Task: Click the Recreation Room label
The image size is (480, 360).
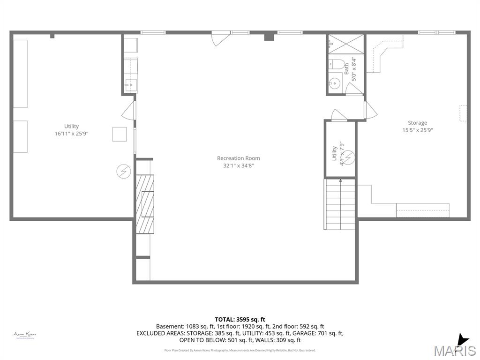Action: (238, 158)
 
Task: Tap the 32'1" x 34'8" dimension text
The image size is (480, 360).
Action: (238, 165)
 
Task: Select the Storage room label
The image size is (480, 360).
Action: (417, 123)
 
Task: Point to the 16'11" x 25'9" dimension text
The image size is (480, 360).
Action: (71, 134)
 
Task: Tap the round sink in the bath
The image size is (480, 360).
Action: (334, 84)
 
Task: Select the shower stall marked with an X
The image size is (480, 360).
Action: (345, 45)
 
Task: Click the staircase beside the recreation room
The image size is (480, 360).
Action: (340, 204)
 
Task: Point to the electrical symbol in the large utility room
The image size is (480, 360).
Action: (123, 172)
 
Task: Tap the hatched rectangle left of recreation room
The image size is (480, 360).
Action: (144, 204)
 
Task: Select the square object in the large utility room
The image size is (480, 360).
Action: (119, 134)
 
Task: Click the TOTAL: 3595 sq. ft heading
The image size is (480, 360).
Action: (240, 319)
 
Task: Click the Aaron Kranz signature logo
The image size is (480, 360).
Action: (25, 335)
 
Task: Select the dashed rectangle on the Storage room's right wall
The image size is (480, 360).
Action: (463, 113)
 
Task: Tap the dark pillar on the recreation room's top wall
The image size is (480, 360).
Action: (269, 37)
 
